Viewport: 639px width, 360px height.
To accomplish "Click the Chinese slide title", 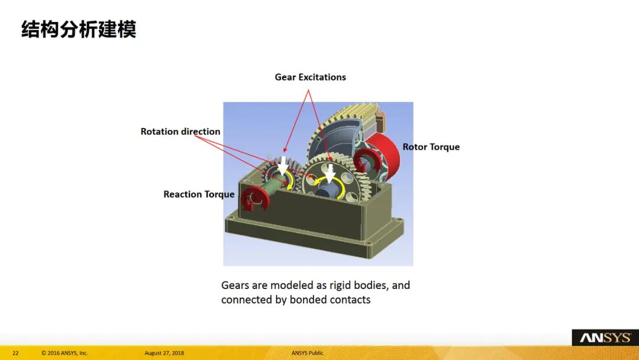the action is click(x=79, y=30).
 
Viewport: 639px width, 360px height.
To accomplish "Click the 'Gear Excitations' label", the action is click(x=310, y=77).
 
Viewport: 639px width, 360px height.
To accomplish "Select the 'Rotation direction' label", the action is click(x=180, y=131).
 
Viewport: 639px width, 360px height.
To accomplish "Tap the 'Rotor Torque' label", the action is click(x=431, y=147).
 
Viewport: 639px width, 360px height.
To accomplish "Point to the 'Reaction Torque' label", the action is click(x=199, y=194).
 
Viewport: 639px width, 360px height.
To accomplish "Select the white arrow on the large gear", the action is click(x=330, y=173).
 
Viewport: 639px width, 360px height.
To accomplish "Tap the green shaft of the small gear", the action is click(x=272, y=187).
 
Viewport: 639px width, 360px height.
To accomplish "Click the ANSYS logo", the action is click(x=605, y=337).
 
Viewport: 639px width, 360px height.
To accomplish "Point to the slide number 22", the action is click(x=15, y=353).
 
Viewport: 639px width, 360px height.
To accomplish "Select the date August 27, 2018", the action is click(x=164, y=353).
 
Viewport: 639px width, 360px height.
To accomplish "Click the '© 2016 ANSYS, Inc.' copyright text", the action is click(x=64, y=353).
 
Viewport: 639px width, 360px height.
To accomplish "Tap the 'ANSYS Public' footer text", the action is click(x=307, y=353).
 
